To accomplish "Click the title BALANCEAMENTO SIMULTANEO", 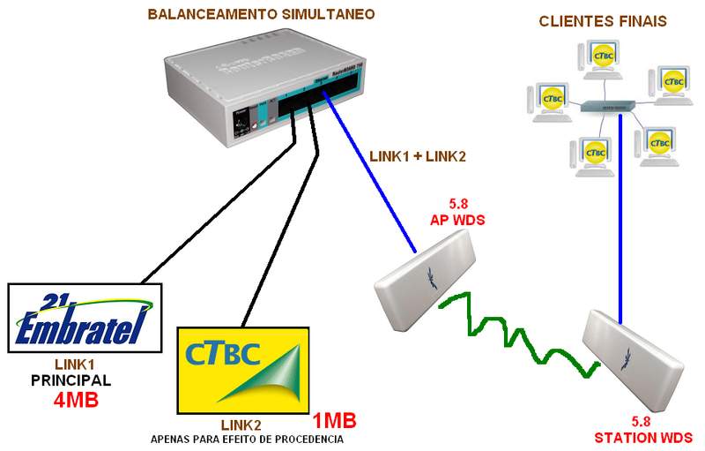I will pyautogui.click(x=260, y=14).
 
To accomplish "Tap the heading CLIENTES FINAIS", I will pyautogui.click(x=603, y=20).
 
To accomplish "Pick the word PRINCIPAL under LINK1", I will pyautogui.click(x=70, y=381).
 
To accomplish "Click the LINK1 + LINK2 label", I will pyautogui.click(x=417, y=156).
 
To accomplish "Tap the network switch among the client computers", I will pyautogui.click(x=607, y=106).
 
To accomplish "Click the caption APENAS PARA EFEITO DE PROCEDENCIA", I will pyautogui.click(x=247, y=439).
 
